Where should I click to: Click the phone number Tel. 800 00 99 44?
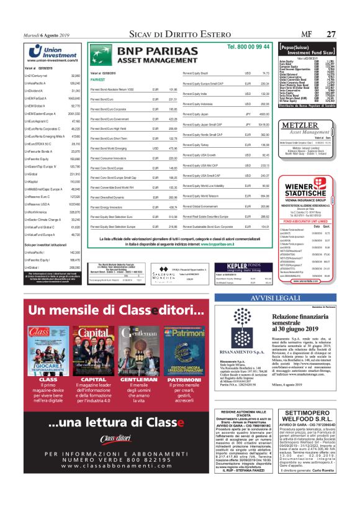[248, 47]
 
